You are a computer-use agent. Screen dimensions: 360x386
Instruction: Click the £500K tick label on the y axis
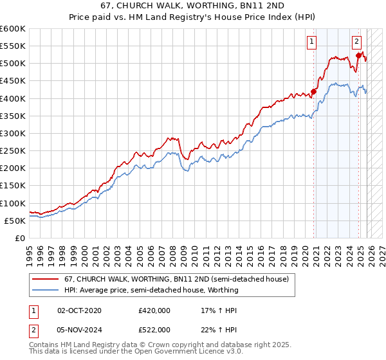pos(12,64)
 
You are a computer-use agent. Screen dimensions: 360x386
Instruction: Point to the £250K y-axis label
pos(12,151)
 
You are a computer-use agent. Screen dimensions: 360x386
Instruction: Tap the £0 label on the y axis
pos(20,239)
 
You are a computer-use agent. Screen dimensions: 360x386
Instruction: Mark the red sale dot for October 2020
pos(314,91)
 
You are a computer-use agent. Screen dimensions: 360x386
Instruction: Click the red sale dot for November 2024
pos(359,56)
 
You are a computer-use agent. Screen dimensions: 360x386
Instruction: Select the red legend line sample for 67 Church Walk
pos(47,279)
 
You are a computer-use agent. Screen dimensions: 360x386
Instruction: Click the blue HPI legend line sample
pos(47,290)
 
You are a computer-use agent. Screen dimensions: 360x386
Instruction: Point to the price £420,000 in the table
pos(154,310)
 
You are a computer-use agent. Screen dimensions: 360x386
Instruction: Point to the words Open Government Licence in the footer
pos(192,352)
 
